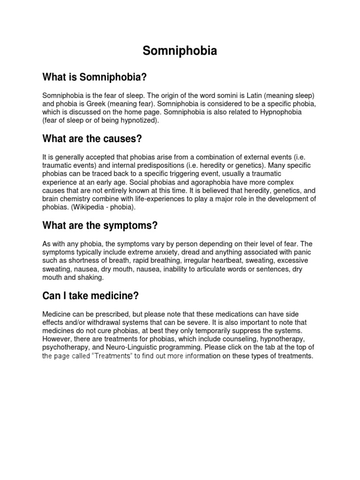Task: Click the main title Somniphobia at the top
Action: [180, 52]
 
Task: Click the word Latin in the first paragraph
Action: [259, 95]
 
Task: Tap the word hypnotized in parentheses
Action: [140, 120]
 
